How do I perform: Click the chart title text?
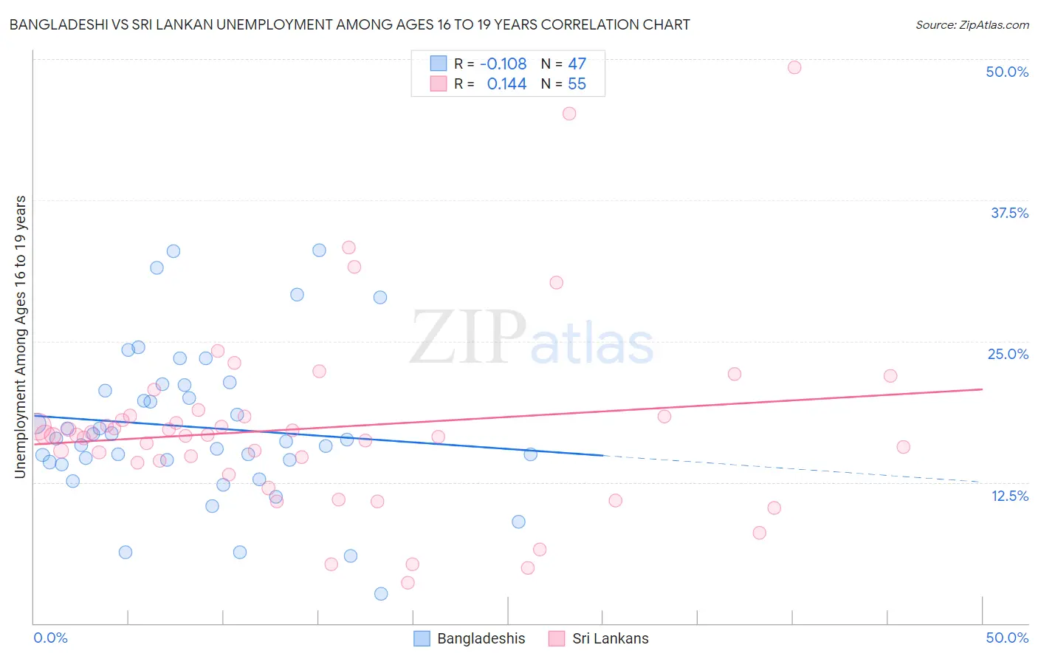[x=349, y=24]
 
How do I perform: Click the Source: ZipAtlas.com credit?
[x=972, y=25]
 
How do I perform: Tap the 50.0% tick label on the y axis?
[x=1007, y=72]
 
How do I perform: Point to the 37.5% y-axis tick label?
[x=1009, y=213]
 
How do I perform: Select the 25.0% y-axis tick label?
[x=1008, y=354]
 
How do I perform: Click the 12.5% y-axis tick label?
[x=1009, y=496]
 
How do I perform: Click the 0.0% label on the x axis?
[x=51, y=638]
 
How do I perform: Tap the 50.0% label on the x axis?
[x=1007, y=638]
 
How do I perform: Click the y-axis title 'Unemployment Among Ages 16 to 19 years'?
[x=21, y=337]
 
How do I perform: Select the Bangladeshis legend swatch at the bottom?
[x=422, y=638]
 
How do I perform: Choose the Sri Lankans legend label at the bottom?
[x=610, y=638]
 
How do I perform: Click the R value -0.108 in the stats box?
[x=503, y=64]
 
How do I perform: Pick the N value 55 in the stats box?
[x=577, y=84]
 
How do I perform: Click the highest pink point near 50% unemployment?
[x=794, y=67]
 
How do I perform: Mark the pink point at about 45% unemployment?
[x=569, y=114]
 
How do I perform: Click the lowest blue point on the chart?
[x=381, y=594]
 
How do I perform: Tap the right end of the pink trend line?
[x=981, y=389]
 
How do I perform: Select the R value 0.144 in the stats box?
[x=506, y=84]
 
